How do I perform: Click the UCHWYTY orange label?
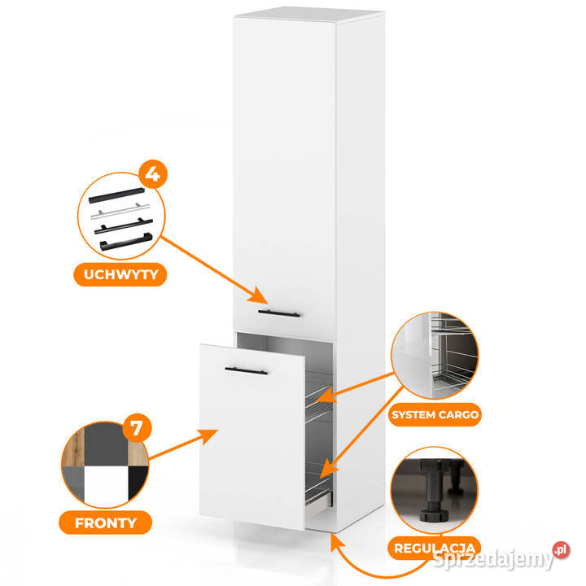point(120,275)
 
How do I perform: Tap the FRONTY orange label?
point(105,523)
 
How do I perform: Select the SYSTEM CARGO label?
point(435,414)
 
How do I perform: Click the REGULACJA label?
point(435,549)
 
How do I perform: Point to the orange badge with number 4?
point(153,174)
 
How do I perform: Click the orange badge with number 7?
point(138,427)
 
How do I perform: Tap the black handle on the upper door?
point(279,313)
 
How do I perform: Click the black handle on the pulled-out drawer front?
point(247,371)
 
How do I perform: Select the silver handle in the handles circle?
point(120,211)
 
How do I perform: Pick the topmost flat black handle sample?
point(116,195)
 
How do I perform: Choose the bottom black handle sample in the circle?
point(126,242)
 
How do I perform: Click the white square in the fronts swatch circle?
point(106,485)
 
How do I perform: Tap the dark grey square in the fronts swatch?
point(106,444)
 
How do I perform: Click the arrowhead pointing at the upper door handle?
point(259,295)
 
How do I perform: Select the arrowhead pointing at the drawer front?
point(208,435)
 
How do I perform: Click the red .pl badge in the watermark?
point(561,549)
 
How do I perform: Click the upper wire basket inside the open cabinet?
point(319,404)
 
